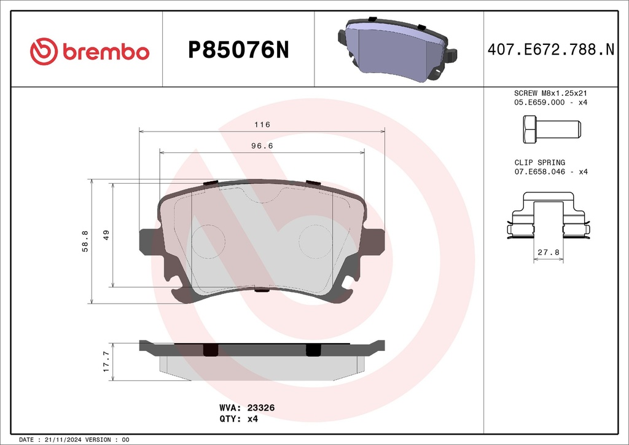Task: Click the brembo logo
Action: pyautogui.click(x=90, y=52)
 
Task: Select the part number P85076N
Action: pyautogui.click(x=238, y=50)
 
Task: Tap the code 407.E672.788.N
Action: pyautogui.click(x=551, y=49)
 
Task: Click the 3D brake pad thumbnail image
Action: pyautogui.click(x=397, y=49)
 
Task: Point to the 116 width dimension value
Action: pyautogui.click(x=262, y=124)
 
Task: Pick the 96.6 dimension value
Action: pyautogui.click(x=262, y=146)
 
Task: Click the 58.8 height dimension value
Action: pyautogui.click(x=85, y=241)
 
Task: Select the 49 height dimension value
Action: pyautogui.click(x=106, y=235)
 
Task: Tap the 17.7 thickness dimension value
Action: pyautogui.click(x=106, y=361)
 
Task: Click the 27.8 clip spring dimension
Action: pyautogui.click(x=549, y=252)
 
